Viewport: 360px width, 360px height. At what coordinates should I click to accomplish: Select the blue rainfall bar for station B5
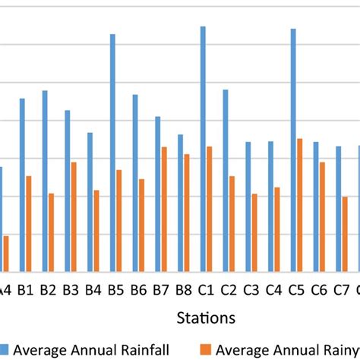coord(112,153)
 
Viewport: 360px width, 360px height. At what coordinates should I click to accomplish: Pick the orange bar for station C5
coord(300,205)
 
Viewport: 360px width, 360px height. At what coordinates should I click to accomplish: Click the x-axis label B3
coord(71,289)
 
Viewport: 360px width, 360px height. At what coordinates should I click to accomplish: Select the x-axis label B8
coord(183,289)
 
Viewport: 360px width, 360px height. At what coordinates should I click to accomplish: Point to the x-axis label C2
coord(229,289)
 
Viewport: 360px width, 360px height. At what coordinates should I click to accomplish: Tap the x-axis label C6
coord(319,289)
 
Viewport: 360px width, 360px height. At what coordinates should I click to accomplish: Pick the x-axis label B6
coord(138,289)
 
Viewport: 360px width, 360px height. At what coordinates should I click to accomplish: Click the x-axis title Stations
coord(205,316)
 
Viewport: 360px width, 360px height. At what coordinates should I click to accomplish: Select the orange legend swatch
coord(206,349)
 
